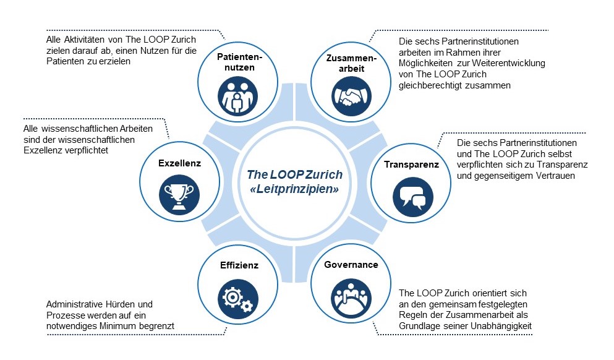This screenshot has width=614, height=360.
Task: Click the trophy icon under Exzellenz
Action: tap(179, 195)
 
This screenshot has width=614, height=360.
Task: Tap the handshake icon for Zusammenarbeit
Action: tap(351, 96)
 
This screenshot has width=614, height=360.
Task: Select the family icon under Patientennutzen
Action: tap(237, 96)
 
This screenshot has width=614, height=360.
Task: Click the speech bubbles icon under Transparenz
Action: tap(412, 197)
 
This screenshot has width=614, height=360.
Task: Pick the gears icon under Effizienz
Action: tap(237, 299)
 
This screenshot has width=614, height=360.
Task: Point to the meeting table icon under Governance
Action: tap(351, 298)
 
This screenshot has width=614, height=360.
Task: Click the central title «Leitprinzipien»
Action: tap(294, 189)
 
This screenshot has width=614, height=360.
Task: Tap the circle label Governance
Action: tap(351, 265)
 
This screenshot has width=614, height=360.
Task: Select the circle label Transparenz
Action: tap(411, 165)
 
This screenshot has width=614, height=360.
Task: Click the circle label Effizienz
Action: tap(239, 265)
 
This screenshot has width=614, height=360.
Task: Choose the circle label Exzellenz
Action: tap(179, 163)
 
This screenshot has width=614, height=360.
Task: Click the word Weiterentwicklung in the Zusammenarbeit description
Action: tap(508, 63)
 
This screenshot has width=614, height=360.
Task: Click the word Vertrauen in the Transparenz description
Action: tap(555, 176)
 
